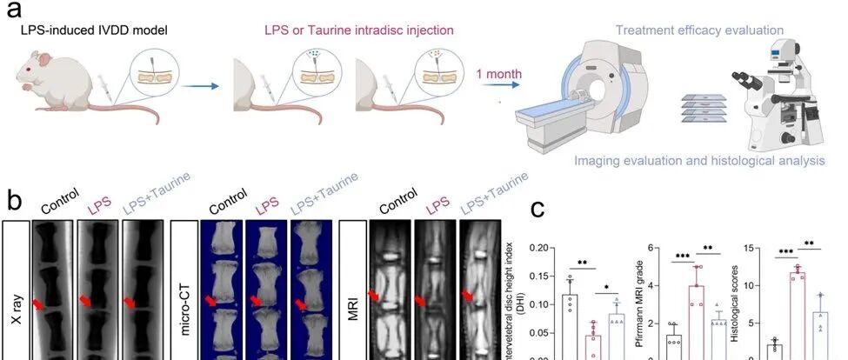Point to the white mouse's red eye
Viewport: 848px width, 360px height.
coord(30,66)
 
